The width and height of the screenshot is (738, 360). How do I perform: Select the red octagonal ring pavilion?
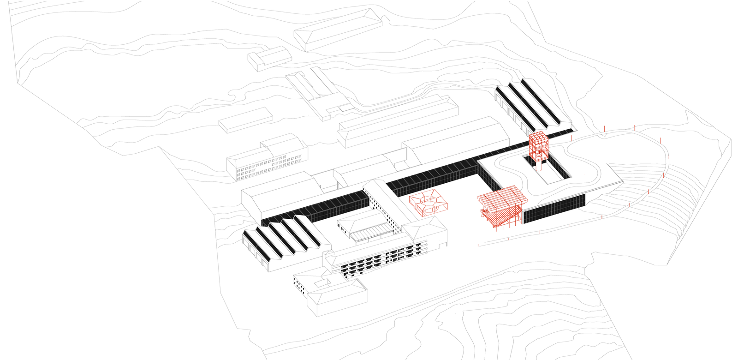coord(429,204)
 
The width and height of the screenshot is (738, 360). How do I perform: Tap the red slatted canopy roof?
coord(502,198)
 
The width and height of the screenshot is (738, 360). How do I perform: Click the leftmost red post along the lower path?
coord(479,245)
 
